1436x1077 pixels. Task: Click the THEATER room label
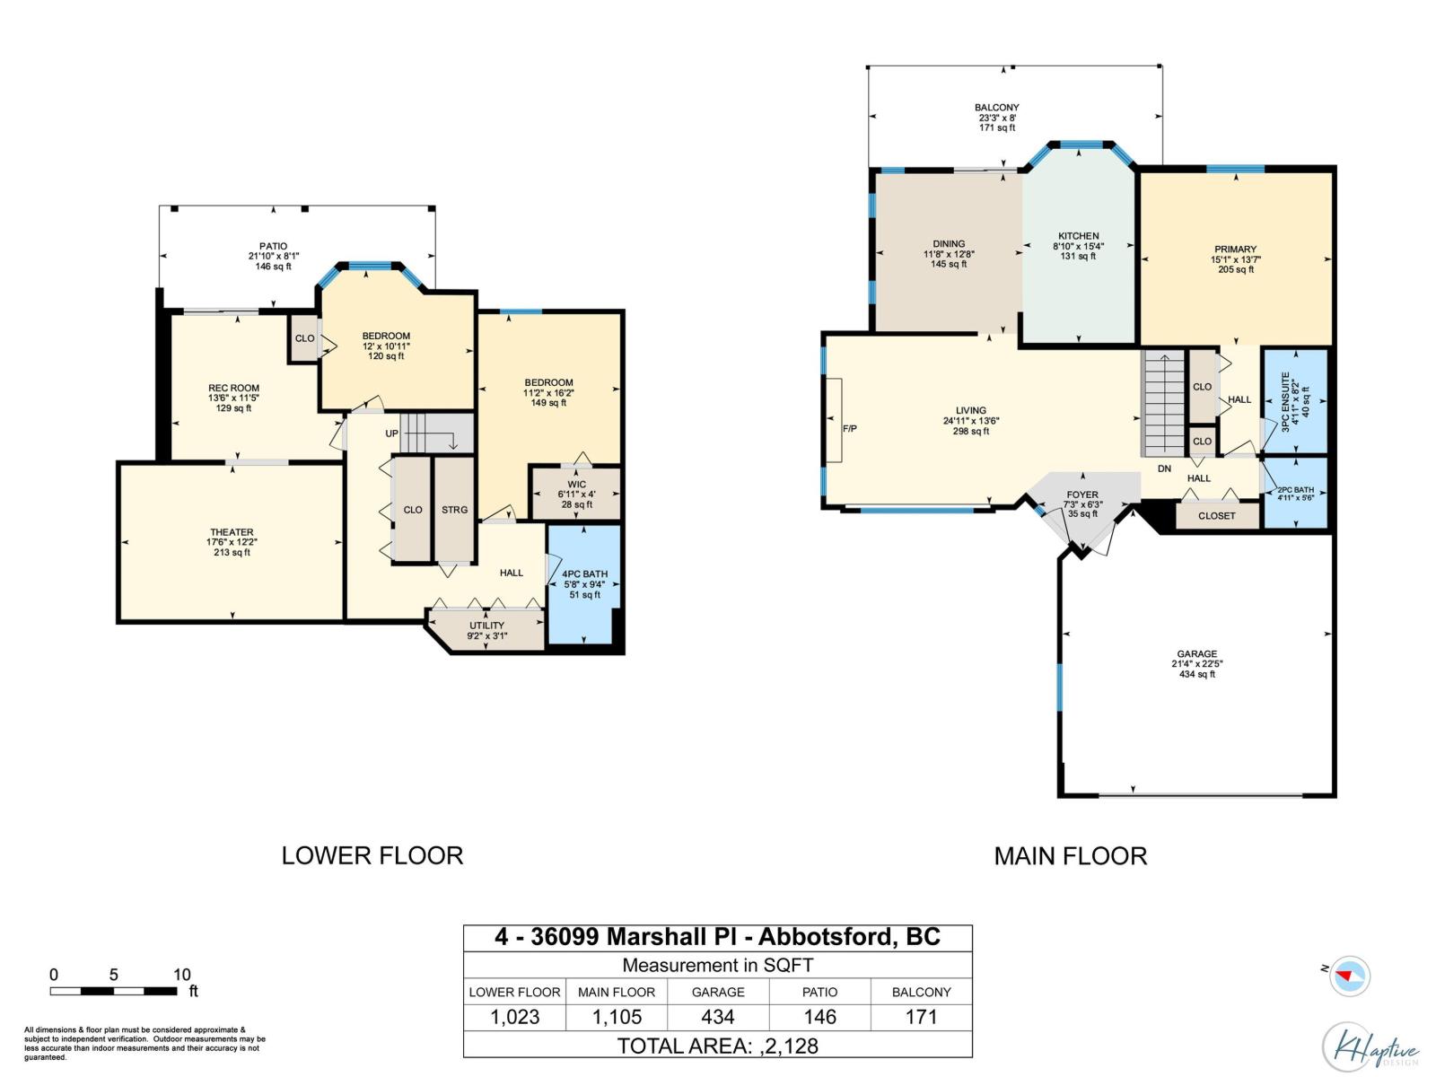tap(232, 532)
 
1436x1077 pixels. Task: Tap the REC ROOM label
tap(233, 389)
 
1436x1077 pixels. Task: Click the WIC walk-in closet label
tap(576, 485)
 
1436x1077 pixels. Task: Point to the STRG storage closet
tap(454, 510)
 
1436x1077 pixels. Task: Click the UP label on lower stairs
tap(392, 433)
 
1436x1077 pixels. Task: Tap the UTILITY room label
tap(486, 626)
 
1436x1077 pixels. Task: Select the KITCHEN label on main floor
tap(1078, 236)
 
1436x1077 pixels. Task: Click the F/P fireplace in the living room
tap(849, 429)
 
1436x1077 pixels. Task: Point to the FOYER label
tap(1082, 495)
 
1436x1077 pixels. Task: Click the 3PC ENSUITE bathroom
tap(1294, 401)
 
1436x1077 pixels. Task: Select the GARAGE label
tap(1197, 654)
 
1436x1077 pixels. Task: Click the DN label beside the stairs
tap(1164, 468)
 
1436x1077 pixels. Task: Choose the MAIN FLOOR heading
tap(1070, 856)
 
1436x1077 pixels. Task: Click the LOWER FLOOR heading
tap(372, 855)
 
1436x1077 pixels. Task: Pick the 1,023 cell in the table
tap(514, 1017)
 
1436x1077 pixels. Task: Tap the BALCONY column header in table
tap(921, 992)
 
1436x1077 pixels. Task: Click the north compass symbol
tap(1348, 976)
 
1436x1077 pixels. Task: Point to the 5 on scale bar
tap(113, 975)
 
